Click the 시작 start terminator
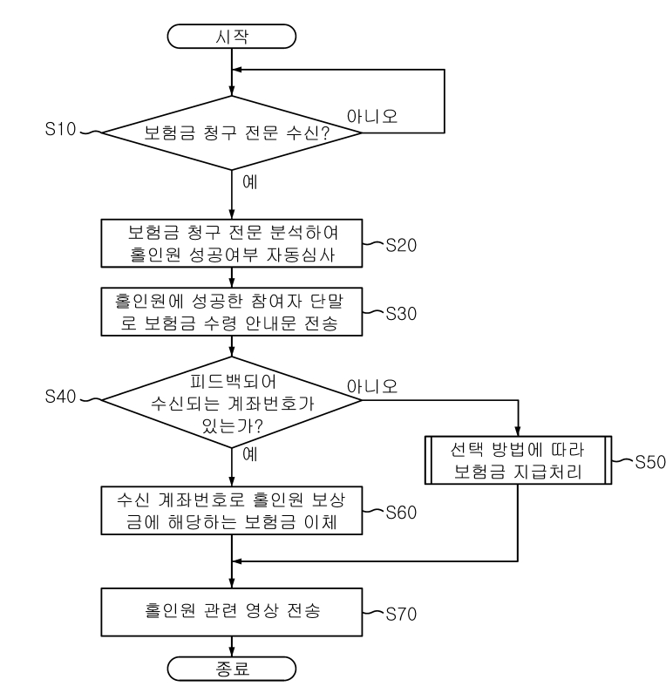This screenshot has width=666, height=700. [x=232, y=36]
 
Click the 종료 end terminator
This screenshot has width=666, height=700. [x=232, y=669]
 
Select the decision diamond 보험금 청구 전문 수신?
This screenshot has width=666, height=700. [x=232, y=133]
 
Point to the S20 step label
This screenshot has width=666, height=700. [x=401, y=247]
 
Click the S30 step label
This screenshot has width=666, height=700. [x=401, y=312]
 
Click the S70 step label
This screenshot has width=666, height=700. [x=401, y=613]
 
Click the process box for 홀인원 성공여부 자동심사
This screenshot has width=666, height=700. [x=232, y=244]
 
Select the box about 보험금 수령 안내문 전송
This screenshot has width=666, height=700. [x=232, y=309]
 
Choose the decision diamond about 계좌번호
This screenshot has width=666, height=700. [x=232, y=400]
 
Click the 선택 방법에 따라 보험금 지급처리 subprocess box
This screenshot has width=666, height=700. [x=518, y=464]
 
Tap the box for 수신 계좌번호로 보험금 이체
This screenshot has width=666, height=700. [x=232, y=510]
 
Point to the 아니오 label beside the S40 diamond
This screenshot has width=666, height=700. [x=373, y=384]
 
